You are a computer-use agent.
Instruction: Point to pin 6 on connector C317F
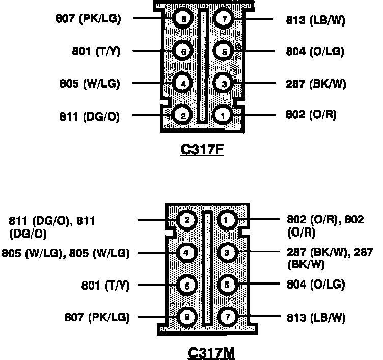tap(182, 51)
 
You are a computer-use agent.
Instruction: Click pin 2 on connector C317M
tap(187, 220)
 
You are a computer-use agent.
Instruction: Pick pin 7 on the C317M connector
tap(228, 317)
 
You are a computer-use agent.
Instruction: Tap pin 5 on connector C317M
tap(228, 285)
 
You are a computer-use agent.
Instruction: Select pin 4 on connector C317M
tap(187, 252)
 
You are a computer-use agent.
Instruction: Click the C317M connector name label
tap(207, 353)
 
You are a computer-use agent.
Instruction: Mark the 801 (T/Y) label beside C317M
tap(106, 285)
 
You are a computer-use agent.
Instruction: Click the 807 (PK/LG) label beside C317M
tap(97, 317)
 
